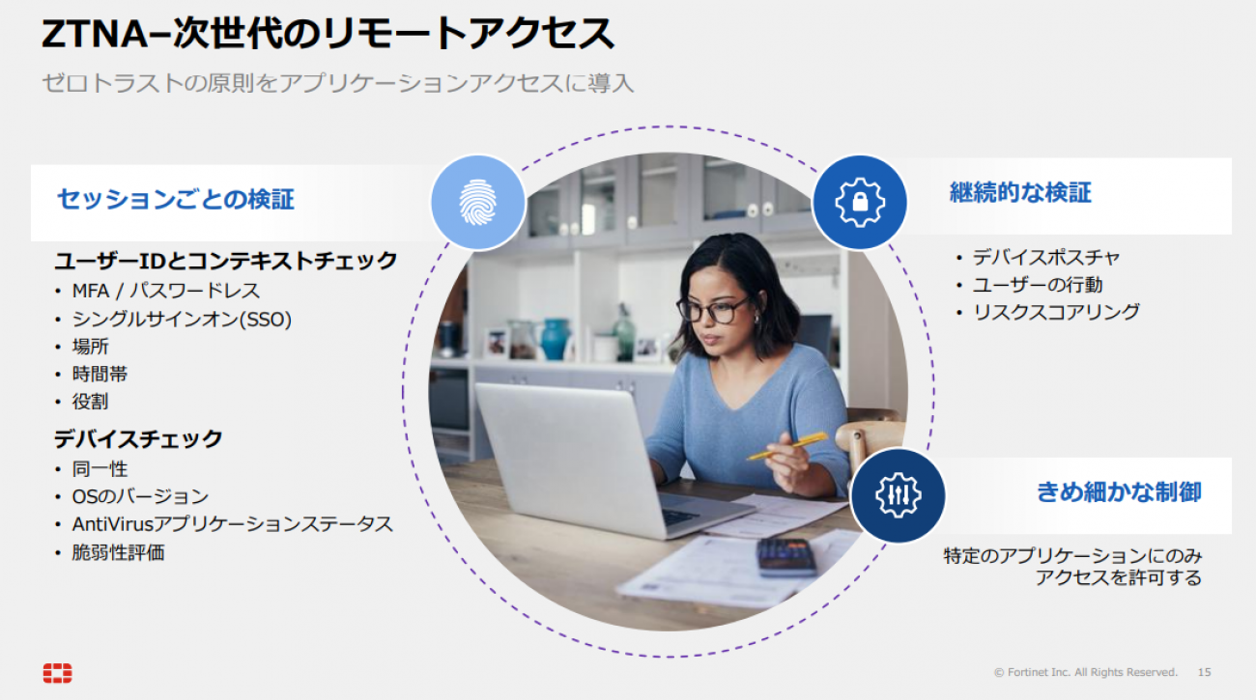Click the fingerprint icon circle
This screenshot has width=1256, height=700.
[477, 203]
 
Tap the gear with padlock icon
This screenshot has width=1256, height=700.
[860, 203]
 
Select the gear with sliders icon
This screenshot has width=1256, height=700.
[898, 495]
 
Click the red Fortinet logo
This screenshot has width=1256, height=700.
[58, 673]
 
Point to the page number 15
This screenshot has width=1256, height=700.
[1205, 672]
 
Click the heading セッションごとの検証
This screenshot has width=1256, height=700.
[176, 199]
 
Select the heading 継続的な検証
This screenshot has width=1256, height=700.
[1020, 192]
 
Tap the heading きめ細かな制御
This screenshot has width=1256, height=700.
[1119, 492]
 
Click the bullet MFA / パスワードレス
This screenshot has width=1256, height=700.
[166, 291]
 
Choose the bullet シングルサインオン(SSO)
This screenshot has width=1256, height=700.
[182, 320]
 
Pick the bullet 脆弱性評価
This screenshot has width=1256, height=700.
[118, 552]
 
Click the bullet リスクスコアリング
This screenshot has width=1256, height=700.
[1056, 312]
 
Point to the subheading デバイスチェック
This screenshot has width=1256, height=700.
[138, 438]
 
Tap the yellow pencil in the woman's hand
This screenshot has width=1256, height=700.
[787, 446]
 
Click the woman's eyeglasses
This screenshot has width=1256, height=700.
[713, 310]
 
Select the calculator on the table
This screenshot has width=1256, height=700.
[786, 557]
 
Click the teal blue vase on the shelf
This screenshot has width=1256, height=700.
[555, 339]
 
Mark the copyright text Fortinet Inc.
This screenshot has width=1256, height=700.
[1039, 672]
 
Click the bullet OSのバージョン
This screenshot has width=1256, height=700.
[140, 496]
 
